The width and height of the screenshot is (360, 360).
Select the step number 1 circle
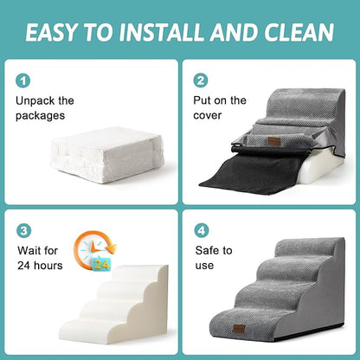tap(23, 80)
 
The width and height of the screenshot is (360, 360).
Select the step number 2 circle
tap(202, 80)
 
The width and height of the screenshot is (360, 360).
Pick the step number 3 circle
tap(23, 232)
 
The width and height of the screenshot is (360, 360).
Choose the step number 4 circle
tap(202, 232)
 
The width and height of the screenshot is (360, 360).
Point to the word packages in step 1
tap(42, 116)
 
